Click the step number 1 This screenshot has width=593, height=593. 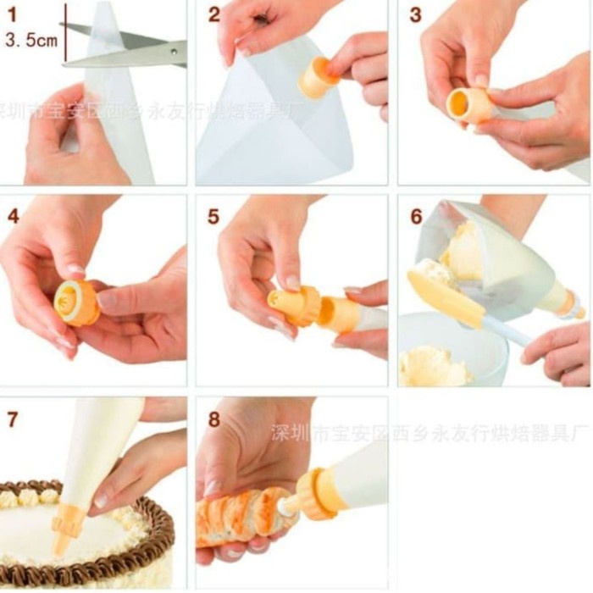pos(12,14)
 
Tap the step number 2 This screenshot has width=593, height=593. pos(214,14)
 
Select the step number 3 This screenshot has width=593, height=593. pos(415,14)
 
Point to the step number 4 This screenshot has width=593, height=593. pos(13,216)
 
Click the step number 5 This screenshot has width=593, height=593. pos(214,216)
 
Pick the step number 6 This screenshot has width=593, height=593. pos(416,216)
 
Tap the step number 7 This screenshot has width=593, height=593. pos(12,418)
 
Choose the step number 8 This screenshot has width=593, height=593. pos(214,418)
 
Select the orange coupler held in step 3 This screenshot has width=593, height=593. pos(469,106)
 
